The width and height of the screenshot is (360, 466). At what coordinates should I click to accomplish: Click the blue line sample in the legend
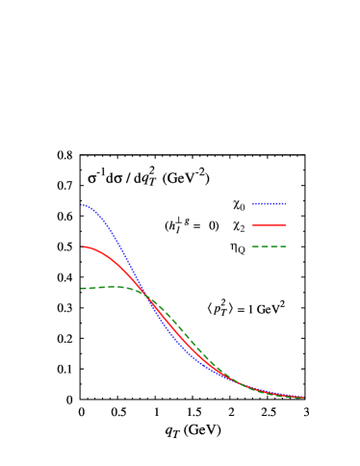[x=269, y=203]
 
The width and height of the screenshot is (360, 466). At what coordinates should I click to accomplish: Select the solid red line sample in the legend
[x=269, y=225]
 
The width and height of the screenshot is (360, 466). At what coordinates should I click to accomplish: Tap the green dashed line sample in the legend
[x=269, y=246]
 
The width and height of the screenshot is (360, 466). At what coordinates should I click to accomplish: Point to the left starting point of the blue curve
[x=82, y=204]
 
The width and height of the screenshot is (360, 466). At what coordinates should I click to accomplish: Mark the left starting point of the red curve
[x=82, y=247]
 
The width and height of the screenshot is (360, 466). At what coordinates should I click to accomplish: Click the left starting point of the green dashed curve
[x=82, y=288]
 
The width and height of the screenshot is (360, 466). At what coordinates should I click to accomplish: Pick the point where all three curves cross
[x=146, y=295]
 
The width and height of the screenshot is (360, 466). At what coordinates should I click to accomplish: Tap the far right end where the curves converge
[x=303, y=397]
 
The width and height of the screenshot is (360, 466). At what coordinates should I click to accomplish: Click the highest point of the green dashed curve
[x=116, y=286]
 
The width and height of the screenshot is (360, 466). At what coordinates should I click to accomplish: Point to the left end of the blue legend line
[x=252, y=203]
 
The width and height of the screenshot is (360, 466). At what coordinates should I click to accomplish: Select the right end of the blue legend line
[x=286, y=203]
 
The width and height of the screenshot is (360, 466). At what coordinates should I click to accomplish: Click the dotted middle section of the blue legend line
[x=270, y=203]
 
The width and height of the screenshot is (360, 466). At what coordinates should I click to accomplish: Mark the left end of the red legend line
[x=252, y=225]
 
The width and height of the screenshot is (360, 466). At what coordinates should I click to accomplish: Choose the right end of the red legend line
[x=286, y=225]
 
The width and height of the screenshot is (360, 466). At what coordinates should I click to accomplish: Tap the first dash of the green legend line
[x=255, y=246]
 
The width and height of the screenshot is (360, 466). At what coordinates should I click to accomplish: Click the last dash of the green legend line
[x=283, y=246]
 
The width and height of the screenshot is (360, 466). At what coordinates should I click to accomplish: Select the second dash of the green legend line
[x=265, y=246]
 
